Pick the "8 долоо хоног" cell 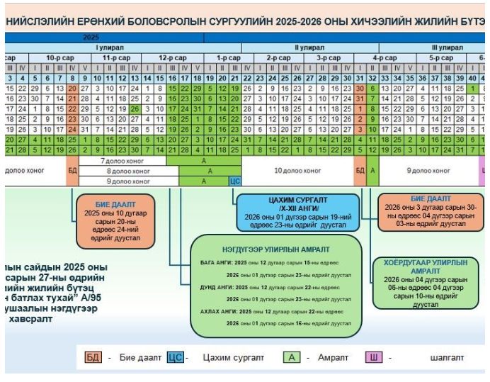click(128, 171)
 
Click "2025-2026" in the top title click(263, 21)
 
